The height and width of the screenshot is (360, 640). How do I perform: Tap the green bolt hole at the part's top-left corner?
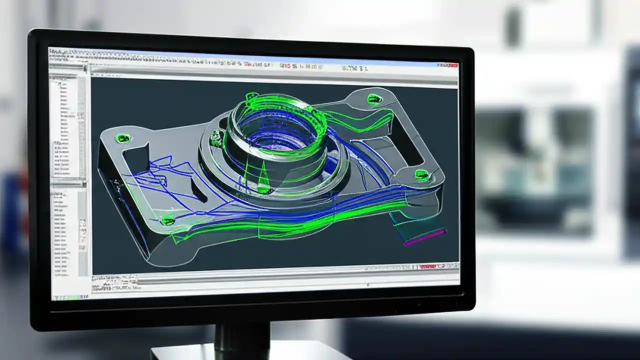click(x=122, y=138)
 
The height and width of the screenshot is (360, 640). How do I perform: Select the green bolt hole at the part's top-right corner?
click(x=374, y=99)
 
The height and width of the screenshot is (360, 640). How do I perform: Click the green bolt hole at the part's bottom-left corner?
click(x=167, y=220)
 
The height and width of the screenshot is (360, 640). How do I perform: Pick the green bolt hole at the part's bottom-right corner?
click(x=422, y=174)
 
